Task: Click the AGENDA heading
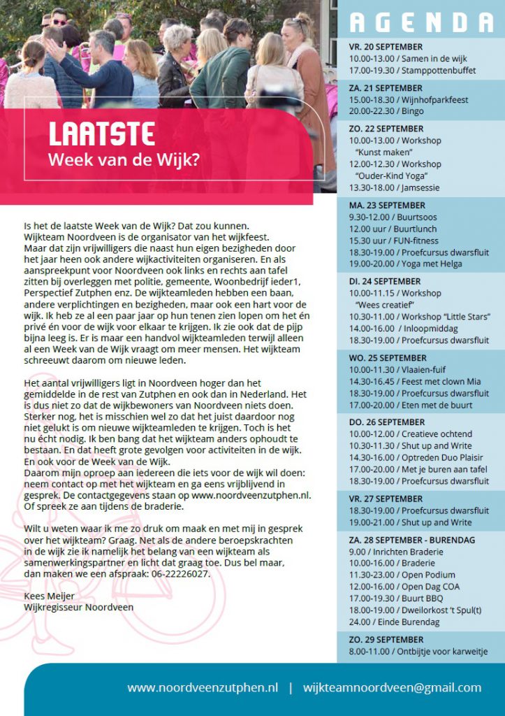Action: click(x=420, y=22)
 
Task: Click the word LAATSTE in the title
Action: click(x=101, y=134)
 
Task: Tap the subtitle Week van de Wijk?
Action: click(x=124, y=159)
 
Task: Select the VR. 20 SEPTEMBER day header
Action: click(x=386, y=47)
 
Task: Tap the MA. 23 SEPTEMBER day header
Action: click(x=387, y=206)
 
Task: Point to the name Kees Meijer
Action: click(x=49, y=596)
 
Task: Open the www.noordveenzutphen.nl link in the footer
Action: click(x=202, y=687)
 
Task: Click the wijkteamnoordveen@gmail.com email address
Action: click(x=392, y=687)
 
